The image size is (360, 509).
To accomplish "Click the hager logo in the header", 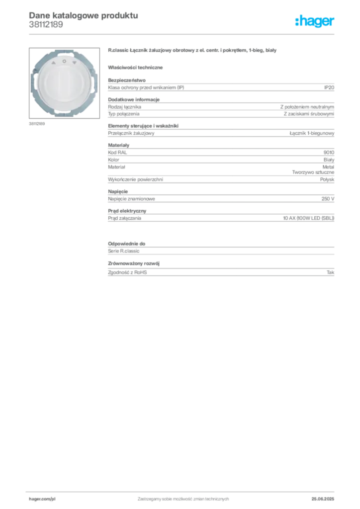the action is [314, 21].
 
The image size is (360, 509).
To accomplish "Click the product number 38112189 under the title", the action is [46, 25].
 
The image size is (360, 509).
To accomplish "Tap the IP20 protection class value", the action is [329, 87].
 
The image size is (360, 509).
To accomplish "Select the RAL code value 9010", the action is [329, 153].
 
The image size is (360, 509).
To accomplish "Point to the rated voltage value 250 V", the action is [328, 199].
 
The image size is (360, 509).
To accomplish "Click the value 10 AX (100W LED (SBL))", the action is [309, 218].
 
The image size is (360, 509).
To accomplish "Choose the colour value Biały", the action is [329, 160].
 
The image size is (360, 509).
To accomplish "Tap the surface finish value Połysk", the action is [327, 179].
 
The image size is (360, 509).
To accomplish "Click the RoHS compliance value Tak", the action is [331, 272].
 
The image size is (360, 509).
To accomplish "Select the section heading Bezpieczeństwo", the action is [127, 80].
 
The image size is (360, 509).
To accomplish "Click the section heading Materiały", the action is [118, 145].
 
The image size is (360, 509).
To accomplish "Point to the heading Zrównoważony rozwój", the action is [134, 263].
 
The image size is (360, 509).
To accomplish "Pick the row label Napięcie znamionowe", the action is [131, 199].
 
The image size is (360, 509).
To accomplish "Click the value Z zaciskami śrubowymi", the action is [309, 114].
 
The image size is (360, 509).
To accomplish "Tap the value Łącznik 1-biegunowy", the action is [312, 133].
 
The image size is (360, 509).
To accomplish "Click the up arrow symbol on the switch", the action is [54, 63].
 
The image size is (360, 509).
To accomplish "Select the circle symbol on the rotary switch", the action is [64, 61].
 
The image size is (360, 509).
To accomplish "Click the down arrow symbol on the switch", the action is [75, 63].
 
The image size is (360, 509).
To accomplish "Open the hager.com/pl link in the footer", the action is [42, 499].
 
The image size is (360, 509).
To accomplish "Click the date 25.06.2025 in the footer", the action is [323, 499].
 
